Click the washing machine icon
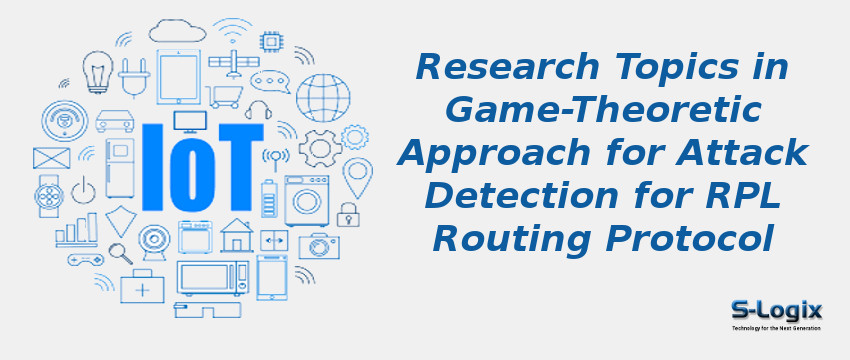pyautogui.click(x=306, y=200)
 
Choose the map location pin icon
pyautogui.click(x=357, y=175)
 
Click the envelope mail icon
pyautogui.click(x=51, y=158)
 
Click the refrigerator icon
pyautogui.click(x=120, y=167)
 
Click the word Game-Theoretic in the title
pyautogui.click(x=603, y=110)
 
